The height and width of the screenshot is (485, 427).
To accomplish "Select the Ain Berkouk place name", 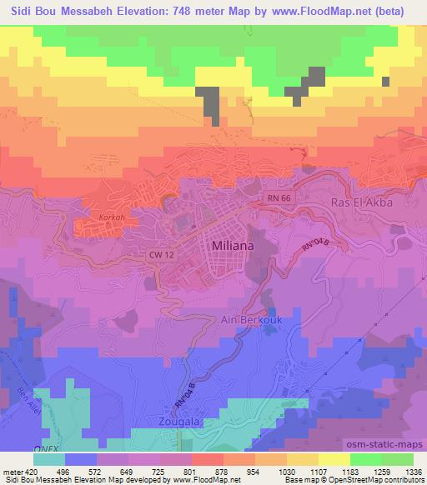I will coord(252,318).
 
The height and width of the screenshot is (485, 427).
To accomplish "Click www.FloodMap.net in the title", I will coord(332,11).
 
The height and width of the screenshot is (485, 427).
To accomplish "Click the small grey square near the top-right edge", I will coord(385,81).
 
